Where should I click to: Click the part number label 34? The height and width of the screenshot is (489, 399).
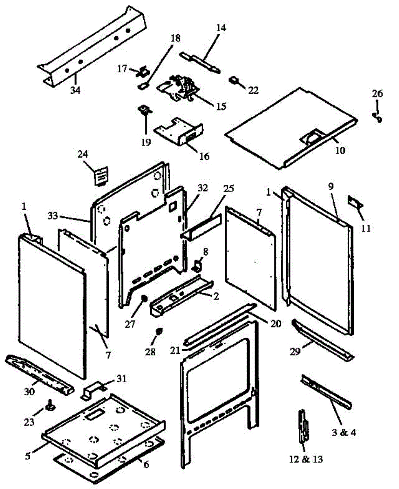click(75, 90)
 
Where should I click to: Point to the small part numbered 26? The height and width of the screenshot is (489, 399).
click(378, 118)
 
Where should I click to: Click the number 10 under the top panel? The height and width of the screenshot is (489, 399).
click(340, 150)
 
